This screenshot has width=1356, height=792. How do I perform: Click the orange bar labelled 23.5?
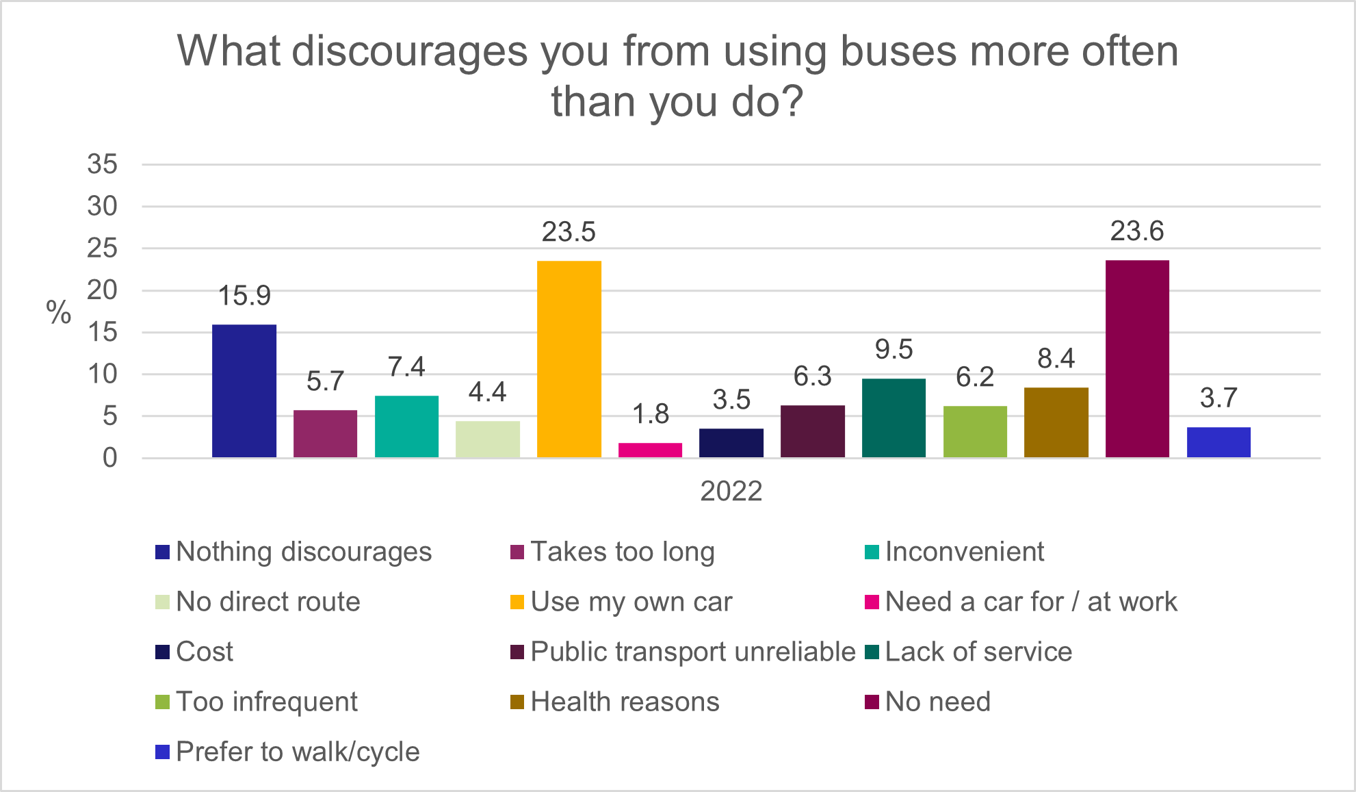[x=569, y=359]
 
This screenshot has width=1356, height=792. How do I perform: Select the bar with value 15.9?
[x=244, y=391]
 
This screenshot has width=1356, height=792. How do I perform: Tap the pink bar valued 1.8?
[x=650, y=450]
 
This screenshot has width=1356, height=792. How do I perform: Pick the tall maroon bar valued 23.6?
[x=1137, y=359]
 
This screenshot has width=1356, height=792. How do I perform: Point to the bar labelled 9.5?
[x=894, y=418]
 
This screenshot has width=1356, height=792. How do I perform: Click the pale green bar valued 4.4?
[x=488, y=439]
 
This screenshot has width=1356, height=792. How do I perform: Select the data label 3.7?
[x=1218, y=398]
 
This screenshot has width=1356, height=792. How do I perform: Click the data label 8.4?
[x=1056, y=358]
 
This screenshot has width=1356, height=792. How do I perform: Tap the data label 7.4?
[x=406, y=367]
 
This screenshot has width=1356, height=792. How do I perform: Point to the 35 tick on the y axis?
[x=102, y=164]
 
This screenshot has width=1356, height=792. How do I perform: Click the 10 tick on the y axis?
[x=102, y=374]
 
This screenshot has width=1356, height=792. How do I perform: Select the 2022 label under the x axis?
[x=731, y=491]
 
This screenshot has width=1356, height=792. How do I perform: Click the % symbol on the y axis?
[x=59, y=313]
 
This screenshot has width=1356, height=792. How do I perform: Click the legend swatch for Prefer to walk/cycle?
[x=162, y=752]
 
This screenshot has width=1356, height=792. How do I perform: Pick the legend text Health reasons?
[x=625, y=702]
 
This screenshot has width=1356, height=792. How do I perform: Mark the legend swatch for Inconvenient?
[x=872, y=552]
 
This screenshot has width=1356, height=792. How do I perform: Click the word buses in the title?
[x=897, y=51]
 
